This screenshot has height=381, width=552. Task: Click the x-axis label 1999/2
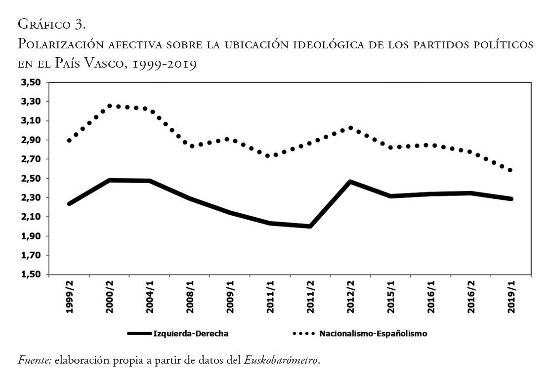(69, 297)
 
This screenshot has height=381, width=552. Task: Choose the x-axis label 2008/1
(190, 297)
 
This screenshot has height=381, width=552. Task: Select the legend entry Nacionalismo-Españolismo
(373, 334)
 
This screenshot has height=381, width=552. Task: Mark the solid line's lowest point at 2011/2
(310, 226)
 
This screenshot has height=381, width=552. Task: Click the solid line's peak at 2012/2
(350, 182)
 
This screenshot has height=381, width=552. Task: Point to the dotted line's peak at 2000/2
(110, 106)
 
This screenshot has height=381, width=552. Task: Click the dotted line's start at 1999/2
(70, 141)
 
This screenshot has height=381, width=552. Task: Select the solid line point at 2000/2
(110, 180)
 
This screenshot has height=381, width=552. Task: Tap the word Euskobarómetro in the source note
(282, 361)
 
